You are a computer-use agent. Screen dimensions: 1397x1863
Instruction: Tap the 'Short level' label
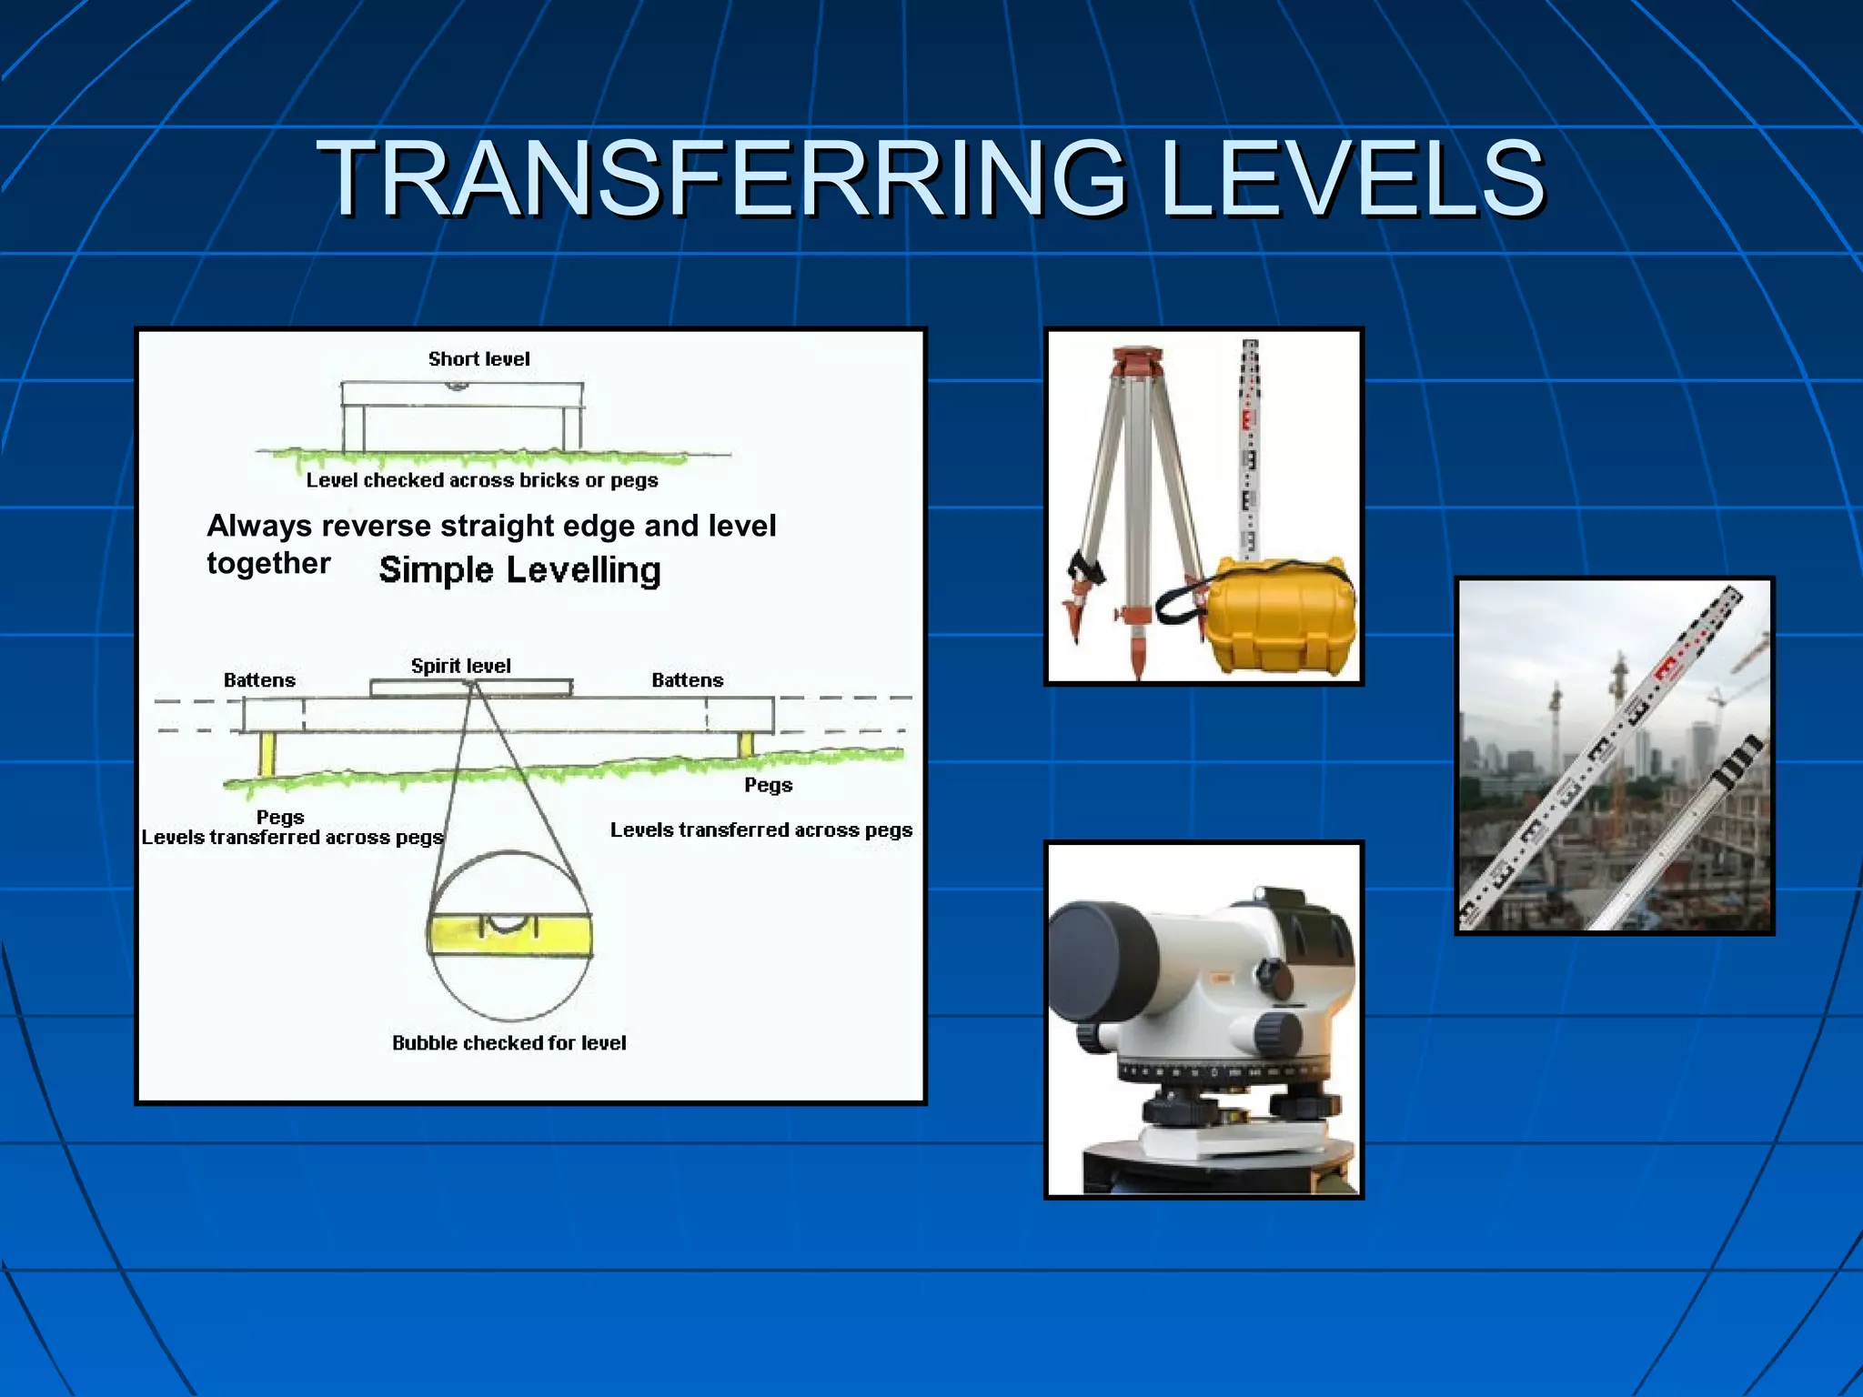point(478,359)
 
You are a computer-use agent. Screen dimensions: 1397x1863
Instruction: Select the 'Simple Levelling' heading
point(519,570)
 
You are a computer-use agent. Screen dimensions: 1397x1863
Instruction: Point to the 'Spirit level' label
point(460,666)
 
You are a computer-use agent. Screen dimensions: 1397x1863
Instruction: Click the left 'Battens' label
point(259,680)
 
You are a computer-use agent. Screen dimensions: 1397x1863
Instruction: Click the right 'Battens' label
point(687,680)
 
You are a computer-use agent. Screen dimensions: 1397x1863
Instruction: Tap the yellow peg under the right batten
point(746,744)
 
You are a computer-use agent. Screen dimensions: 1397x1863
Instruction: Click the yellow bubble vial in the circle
point(509,936)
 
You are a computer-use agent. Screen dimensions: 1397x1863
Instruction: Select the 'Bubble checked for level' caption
point(509,1043)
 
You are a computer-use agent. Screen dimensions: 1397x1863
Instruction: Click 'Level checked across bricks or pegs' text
point(481,480)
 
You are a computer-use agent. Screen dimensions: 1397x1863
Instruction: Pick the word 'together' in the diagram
point(268,564)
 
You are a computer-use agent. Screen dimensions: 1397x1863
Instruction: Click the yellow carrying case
point(1278,618)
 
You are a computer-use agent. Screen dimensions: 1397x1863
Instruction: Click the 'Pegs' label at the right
point(768,785)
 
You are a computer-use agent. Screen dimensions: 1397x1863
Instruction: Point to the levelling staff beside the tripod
point(1250,446)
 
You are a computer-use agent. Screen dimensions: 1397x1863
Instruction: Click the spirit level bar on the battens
point(471,688)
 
